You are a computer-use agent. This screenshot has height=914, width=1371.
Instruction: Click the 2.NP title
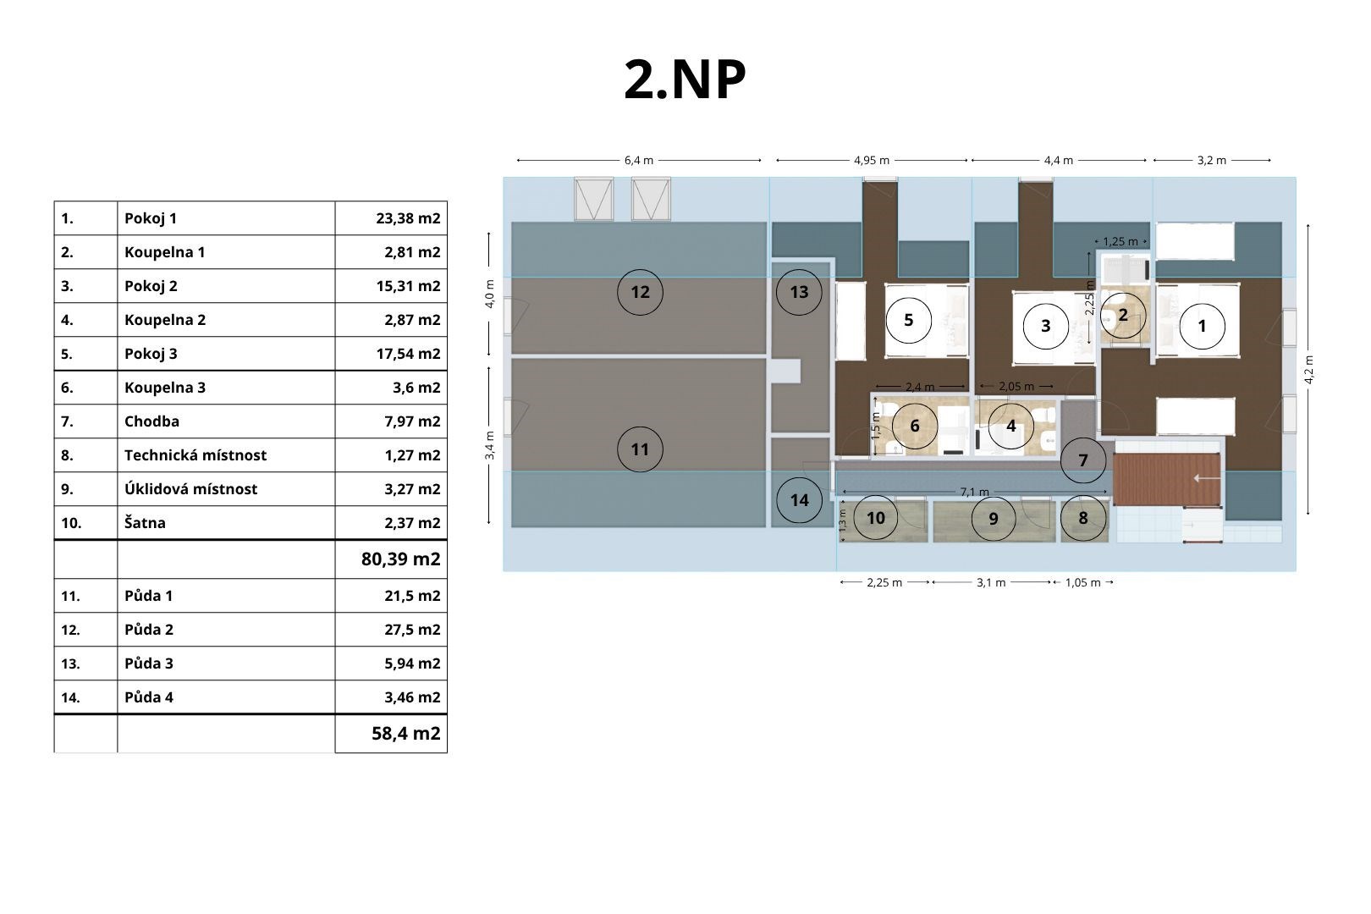click(685, 80)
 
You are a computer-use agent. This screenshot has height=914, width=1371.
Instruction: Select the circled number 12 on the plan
click(640, 292)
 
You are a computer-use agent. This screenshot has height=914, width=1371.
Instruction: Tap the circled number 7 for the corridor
click(1083, 460)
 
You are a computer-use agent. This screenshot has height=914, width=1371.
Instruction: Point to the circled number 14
click(800, 500)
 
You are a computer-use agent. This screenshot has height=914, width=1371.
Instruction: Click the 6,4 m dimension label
click(639, 161)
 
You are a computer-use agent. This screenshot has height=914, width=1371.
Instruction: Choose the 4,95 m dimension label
click(872, 161)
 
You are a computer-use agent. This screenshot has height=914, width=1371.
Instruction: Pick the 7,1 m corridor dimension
click(974, 493)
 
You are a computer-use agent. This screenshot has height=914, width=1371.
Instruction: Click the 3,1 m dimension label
click(991, 582)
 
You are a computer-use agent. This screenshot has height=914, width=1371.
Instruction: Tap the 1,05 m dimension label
click(1082, 582)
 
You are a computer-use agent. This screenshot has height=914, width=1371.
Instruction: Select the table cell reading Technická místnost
click(195, 454)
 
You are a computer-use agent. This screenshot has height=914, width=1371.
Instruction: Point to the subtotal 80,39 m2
click(401, 559)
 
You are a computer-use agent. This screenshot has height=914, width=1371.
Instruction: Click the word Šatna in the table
click(145, 522)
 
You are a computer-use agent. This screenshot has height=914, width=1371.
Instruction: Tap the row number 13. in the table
click(70, 663)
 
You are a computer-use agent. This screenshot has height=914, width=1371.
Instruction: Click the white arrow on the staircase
click(1206, 478)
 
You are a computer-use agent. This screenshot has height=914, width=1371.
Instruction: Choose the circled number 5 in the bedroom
click(909, 320)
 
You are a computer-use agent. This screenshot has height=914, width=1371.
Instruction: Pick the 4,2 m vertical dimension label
click(1309, 369)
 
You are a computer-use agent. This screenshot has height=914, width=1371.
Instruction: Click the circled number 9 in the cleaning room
click(994, 519)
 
